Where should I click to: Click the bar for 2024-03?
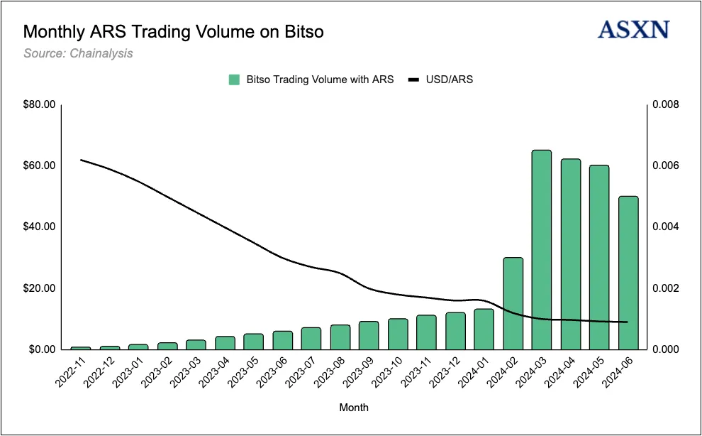tap(542, 250)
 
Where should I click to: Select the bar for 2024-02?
tap(513, 303)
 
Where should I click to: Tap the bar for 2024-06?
tap(628, 273)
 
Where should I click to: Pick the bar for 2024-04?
tap(571, 254)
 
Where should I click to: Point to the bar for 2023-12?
tap(455, 331)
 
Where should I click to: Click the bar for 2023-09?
tap(369, 335)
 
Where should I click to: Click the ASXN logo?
tap(633, 30)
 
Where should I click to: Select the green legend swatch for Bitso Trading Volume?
tap(234, 80)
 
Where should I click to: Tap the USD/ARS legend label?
tap(449, 80)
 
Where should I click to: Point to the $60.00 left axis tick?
tap(40, 165)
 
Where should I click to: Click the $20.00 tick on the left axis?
tap(40, 288)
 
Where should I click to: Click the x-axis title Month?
tap(354, 408)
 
